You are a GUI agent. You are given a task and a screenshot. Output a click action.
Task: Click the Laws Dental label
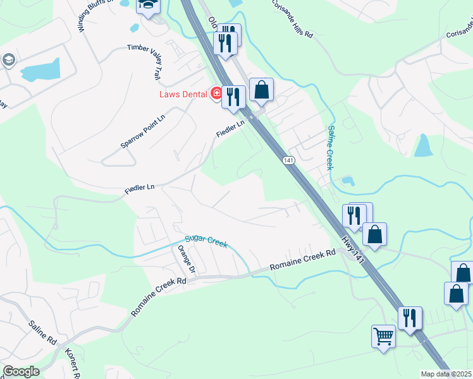[x=184, y=94]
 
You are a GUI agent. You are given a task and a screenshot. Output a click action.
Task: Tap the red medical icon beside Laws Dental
[x=216, y=93]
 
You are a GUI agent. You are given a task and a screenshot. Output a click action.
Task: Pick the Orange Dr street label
[x=188, y=260]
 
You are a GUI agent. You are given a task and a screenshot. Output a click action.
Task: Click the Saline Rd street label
[x=42, y=333]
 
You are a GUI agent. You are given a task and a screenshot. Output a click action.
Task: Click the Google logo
[x=21, y=371]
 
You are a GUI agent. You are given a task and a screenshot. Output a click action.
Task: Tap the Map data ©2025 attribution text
[x=446, y=374]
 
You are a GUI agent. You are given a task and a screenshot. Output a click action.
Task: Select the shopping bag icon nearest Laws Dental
[x=261, y=90]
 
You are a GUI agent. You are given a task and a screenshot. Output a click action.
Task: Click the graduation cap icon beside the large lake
[x=9, y=60]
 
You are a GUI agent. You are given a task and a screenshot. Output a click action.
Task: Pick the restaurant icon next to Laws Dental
[x=233, y=97]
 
